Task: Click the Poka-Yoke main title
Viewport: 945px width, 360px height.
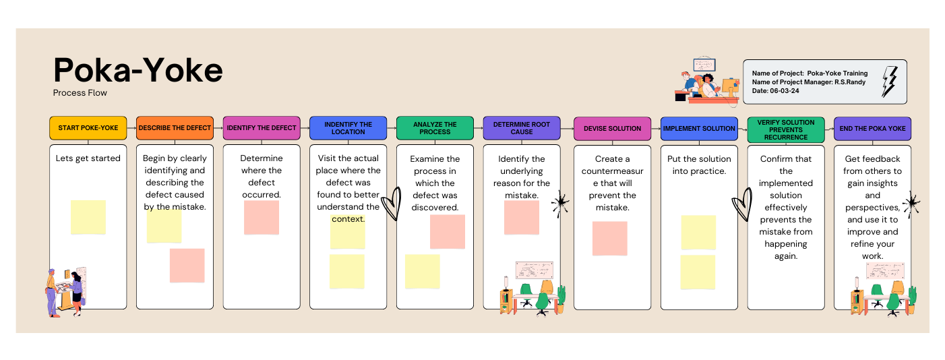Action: [138, 69]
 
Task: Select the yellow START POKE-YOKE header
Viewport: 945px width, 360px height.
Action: [88, 128]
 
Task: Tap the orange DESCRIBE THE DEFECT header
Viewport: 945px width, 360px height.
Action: [175, 128]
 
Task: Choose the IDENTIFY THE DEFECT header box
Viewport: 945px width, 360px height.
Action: [262, 128]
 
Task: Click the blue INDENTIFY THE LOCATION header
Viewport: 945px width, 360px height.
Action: [348, 128]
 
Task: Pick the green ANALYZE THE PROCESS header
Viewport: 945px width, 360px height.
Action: [435, 128]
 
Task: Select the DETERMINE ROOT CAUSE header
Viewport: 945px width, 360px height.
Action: [522, 128]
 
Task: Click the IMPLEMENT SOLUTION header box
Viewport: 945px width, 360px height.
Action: [699, 128]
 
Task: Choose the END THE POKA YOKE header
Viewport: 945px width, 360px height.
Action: [872, 128]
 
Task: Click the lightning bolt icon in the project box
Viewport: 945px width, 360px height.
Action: [890, 82]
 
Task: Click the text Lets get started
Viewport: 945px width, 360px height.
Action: [88, 158]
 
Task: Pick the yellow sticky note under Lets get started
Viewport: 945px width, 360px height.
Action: [88, 217]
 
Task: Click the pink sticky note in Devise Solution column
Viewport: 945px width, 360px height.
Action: [610, 238]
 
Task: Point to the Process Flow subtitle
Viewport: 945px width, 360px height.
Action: [80, 93]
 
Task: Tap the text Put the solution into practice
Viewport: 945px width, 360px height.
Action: [699, 165]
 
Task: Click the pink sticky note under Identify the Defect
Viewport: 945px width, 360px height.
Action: [262, 217]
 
